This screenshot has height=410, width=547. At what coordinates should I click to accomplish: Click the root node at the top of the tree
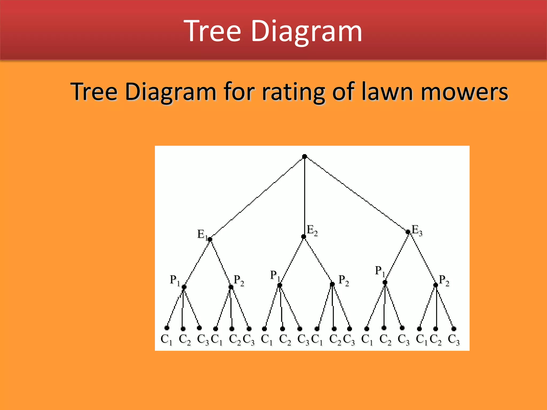click(x=304, y=157)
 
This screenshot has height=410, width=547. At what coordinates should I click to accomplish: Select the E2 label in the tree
click(x=312, y=230)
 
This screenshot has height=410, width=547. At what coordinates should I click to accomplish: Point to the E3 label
click(x=417, y=230)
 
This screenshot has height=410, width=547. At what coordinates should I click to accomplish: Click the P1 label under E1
click(x=175, y=281)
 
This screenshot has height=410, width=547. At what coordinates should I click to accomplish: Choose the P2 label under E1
click(x=239, y=280)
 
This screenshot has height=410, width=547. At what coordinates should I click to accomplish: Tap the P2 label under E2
click(x=343, y=280)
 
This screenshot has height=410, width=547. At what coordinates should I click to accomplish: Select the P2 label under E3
click(x=444, y=280)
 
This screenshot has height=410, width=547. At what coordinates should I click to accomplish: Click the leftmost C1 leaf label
click(x=166, y=340)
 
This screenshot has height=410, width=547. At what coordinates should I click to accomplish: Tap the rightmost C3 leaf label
click(x=454, y=340)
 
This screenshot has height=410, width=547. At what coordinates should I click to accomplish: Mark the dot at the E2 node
click(x=304, y=237)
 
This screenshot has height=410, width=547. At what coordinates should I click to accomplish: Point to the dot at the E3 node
click(x=408, y=232)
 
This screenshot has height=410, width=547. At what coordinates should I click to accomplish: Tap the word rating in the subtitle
click(x=293, y=92)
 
